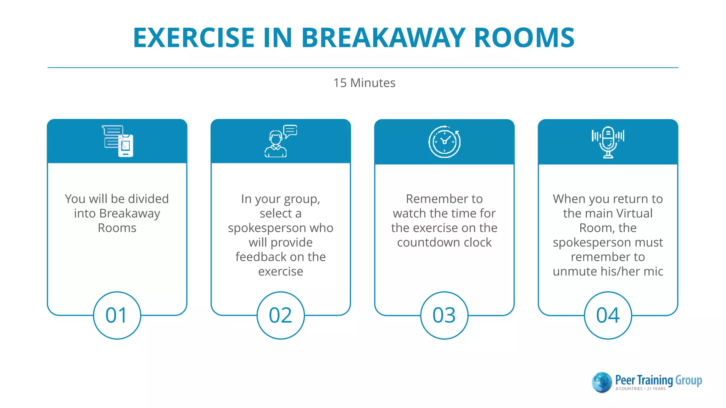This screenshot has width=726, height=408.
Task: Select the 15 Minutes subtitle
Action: click(x=364, y=83)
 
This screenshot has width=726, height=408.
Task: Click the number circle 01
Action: click(x=117, y=315)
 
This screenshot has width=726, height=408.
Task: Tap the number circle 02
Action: click(x=280, y=315)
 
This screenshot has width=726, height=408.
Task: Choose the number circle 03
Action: click(x=444, y=315)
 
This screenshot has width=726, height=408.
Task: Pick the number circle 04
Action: click(x=608, y=315)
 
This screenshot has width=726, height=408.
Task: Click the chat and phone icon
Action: click(x=118, y=141)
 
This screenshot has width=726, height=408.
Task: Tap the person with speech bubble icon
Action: click(x=280, y=141)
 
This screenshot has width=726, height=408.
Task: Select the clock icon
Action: click(x=444, y=142)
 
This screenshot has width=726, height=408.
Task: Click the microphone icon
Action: click(x=608, y=142)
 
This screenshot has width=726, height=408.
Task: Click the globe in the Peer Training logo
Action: click(x=602, y=382)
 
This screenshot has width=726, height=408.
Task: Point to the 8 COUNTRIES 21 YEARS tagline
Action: click(x=640, y=389)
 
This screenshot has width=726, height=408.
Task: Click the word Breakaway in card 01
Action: click(x=129, y=214)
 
